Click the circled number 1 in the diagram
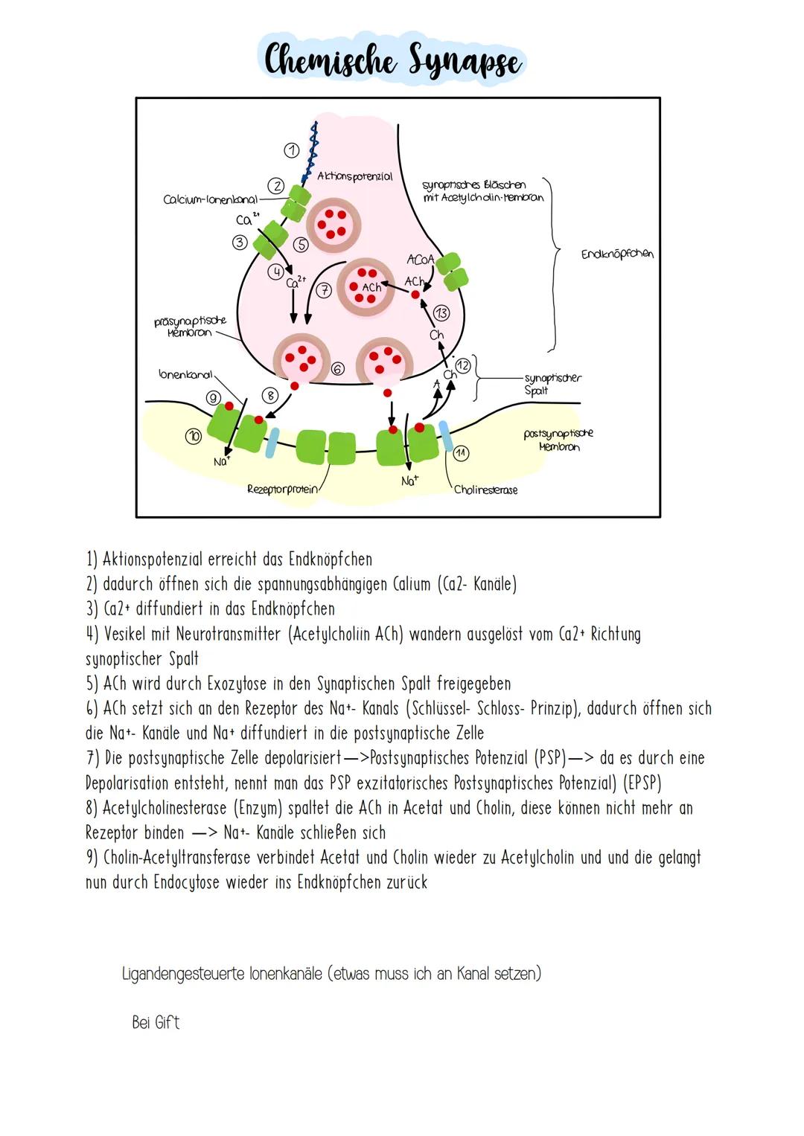coord(292,150)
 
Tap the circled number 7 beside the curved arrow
coord(323,291)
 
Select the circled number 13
coord(441,312)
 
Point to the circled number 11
coord(461,452)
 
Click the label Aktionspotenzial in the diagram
coord(354,176)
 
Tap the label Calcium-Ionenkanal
coord(210,199)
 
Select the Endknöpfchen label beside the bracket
coord(617,254)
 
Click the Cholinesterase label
coord(485,490)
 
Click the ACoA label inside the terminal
coord(420,260)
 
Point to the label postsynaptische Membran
coord(558,440)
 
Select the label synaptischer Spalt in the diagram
coord(552,384)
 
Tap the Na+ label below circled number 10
coord(221,462)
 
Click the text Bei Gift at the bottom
coord(156,1022)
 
